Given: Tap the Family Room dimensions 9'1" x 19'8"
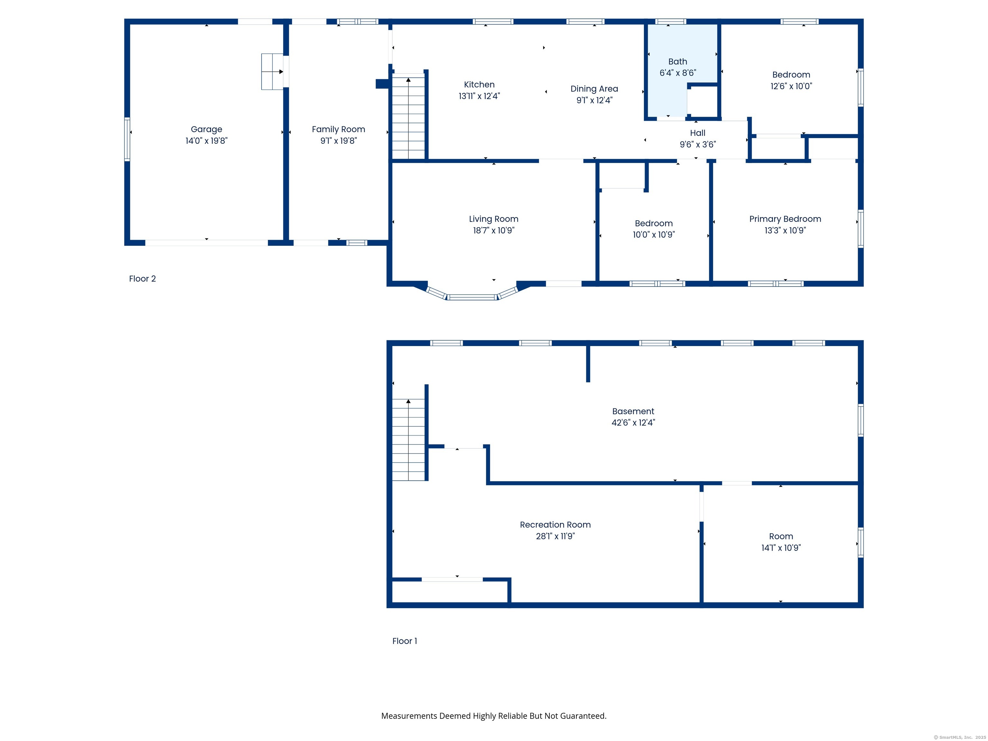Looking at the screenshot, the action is tap(339, 141).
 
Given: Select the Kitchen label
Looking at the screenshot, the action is tap(479, 84).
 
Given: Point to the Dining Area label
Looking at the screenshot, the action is tap(594, 89).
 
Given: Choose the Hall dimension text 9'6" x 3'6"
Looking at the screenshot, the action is tap(698, 144).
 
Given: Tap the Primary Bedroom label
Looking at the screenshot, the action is tap(785, 219).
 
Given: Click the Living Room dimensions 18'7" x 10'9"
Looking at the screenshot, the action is tap(494, 231).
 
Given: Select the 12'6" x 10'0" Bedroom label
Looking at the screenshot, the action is tap(791, 75).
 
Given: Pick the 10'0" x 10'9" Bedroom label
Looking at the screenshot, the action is tap(654, 223).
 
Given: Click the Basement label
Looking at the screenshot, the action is tap(633, 411).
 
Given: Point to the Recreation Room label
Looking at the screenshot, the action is tap(555, 525).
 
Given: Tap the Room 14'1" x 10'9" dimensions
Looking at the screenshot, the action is tap(781, 548).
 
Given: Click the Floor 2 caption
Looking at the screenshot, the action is tap(142, 279).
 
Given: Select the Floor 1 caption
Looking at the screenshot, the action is tap(405, 641).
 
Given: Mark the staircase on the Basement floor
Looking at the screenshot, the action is tap(408, 440).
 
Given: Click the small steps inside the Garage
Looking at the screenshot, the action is tap(272, 71).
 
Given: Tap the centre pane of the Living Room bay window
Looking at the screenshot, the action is tap(472, 297).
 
